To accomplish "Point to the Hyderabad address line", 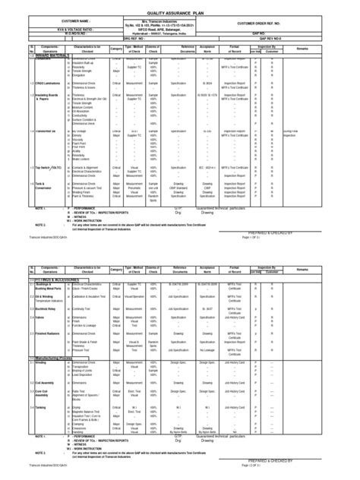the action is [x=180, y=33].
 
